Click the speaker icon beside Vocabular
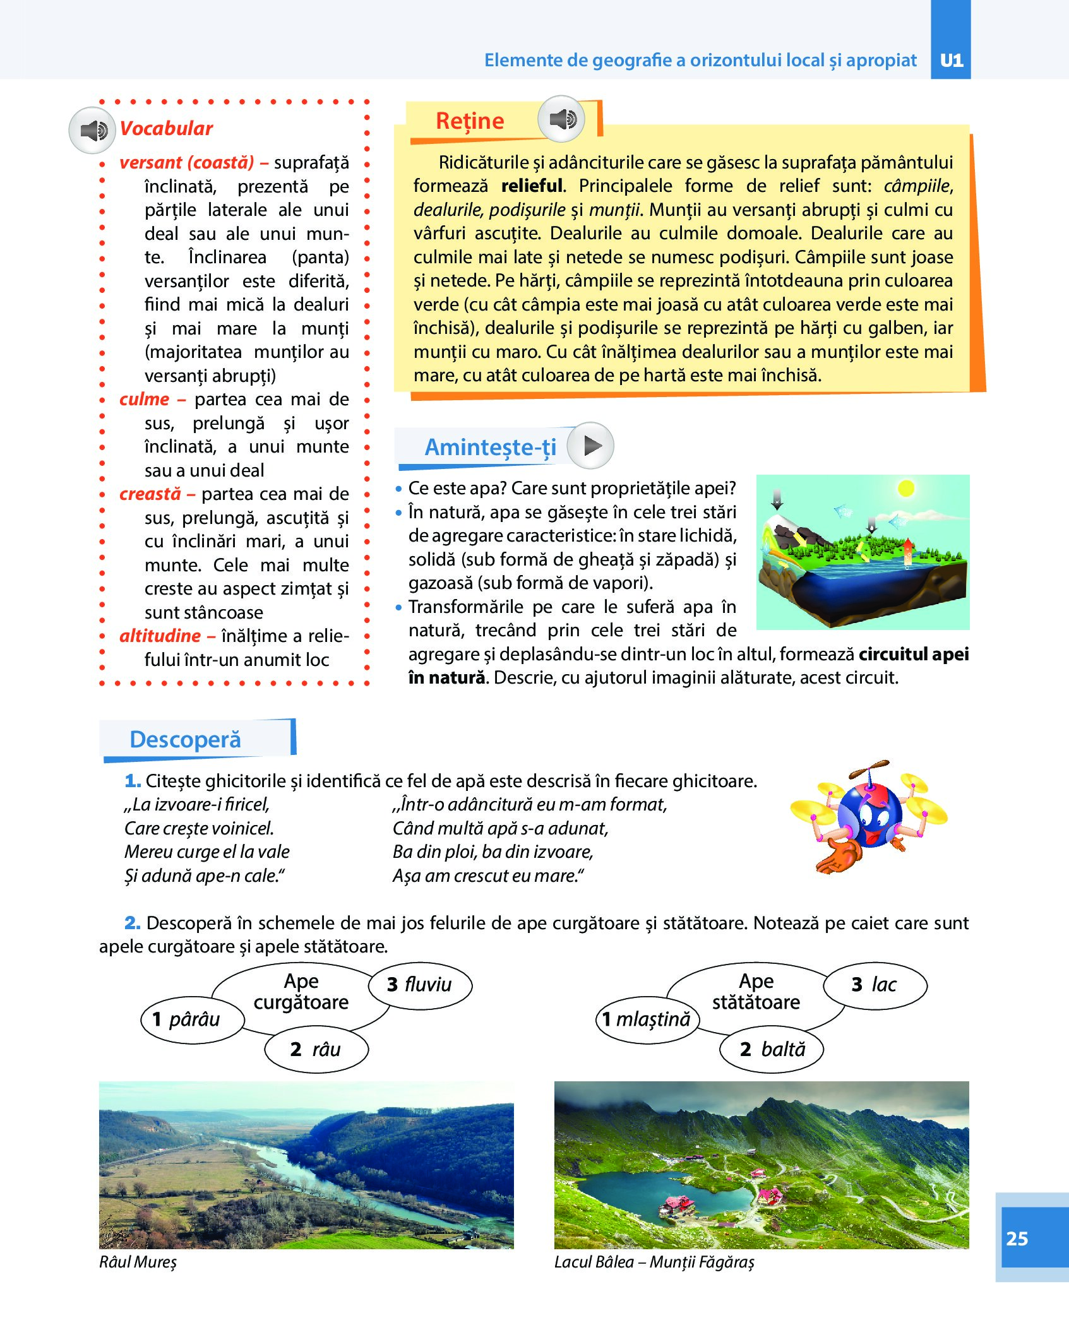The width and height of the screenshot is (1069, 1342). pos(92,131)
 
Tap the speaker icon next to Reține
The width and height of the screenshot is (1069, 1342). pos(561,119)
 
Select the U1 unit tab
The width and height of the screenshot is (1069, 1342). pos(951,60)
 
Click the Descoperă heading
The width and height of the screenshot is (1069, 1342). pos(185,739)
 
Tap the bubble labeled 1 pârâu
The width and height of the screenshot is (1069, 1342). pos(192,1019)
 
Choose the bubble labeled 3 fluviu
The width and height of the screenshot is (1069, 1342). pos(420,984)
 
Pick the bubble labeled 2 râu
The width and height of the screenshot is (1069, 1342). pos(316,1049)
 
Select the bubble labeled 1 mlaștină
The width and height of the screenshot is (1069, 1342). pos(647,1019)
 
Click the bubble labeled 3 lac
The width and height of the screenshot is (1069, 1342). pos(875,984)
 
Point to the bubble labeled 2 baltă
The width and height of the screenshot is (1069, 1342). pos(772,1049)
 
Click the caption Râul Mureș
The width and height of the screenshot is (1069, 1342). pos(138,1262)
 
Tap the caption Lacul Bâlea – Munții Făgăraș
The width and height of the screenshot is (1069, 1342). pos(654,1262)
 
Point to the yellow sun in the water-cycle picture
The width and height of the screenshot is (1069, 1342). pos(906,488)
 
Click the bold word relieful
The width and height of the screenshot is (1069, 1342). pos(531,186)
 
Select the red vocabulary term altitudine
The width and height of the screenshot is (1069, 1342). pos(160,636)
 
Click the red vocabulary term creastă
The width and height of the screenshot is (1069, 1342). pos(150,494)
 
